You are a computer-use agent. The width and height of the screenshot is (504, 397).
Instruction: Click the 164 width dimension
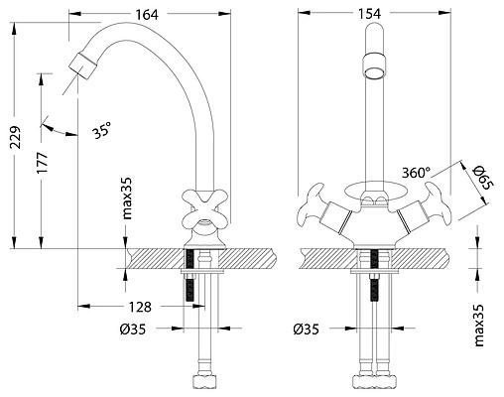(x=147, y=14)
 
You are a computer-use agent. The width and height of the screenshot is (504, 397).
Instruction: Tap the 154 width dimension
(x=369, y=14)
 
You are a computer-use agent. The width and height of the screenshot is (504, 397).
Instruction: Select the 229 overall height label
(x=16, y=137)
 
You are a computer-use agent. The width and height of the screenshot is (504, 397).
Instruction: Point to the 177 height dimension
(x=43, y=163)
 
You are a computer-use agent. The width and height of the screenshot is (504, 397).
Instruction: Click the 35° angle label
(x=102, y=130)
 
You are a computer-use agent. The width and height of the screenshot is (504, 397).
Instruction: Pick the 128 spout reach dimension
(x=140, y=307)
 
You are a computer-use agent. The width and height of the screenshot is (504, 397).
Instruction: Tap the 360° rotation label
(x=416, y=173)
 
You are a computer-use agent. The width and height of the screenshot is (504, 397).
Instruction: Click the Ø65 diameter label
(x=483, y=178)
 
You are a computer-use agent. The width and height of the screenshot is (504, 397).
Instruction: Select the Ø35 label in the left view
(x=133, y=330)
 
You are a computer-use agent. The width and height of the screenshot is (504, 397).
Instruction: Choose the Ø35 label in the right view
(x=306, y=330)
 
